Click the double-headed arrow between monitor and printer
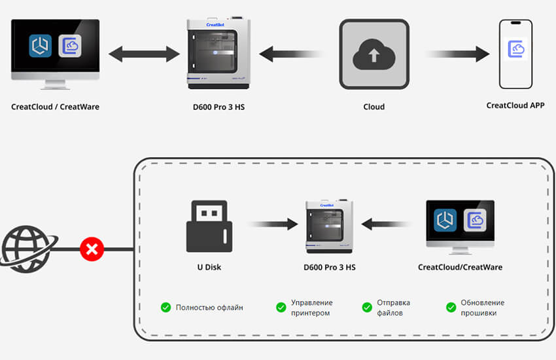(x=144, y=54)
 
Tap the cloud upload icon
(x=374, y=55)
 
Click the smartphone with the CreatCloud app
(x=515, y=54)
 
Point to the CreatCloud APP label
(x=515, y=105)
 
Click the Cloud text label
(x=374, y=107)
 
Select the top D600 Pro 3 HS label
(x=217, y=107)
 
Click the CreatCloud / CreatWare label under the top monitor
(x=56, y=107)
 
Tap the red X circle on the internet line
(x=92, y=249)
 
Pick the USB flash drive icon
(x=209, y=226)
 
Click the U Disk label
(x=209, y=267)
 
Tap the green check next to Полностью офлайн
(x=165, y=307)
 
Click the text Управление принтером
(x=311, y=307)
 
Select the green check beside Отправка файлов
(x=367, y=307)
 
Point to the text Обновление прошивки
(x=482, y=307)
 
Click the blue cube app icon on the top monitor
(x=41, y=46)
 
